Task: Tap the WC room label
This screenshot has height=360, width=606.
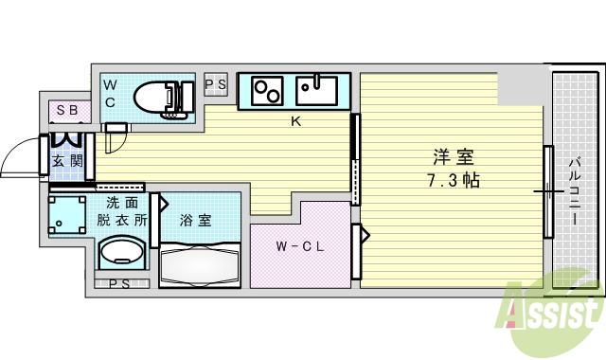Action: click(110, 93)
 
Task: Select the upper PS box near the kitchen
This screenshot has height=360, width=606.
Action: click(216, 84)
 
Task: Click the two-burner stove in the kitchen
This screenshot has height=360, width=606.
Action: click(267, 92)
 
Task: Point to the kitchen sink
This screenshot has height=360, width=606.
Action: click(315, 90)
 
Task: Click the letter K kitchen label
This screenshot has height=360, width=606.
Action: click(295, 121)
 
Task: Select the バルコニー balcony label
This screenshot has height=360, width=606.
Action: click(574, 189)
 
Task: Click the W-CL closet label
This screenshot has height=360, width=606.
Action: click(300, 247)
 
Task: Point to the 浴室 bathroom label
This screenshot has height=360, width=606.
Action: click(196, 220)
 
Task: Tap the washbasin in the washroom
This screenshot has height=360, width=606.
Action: click(122, 254)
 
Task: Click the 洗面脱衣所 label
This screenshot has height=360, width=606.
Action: click(122, 210)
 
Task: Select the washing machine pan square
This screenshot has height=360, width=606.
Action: click(66, 217)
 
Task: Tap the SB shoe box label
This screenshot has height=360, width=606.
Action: click(66, 110)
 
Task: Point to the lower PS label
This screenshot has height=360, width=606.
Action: click(119, 283)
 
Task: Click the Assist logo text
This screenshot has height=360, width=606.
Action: click(554, 310)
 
